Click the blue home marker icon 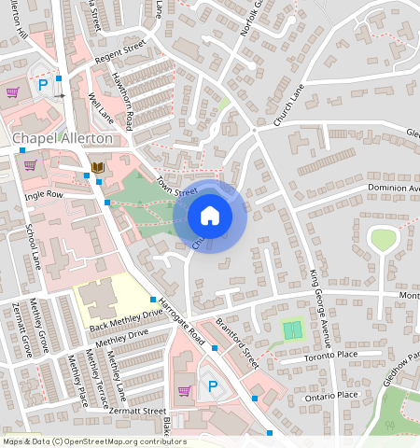click(x=210, y=217)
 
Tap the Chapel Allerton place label click(x=62, y=139)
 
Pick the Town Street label click(x=176, y=186)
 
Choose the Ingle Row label click(x=43, y=195)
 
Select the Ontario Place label click(x=331, y=395)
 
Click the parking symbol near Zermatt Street click(x=212, y=385)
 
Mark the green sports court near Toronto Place click(x=292, y=330)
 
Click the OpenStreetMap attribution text click(x=93, y=441)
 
